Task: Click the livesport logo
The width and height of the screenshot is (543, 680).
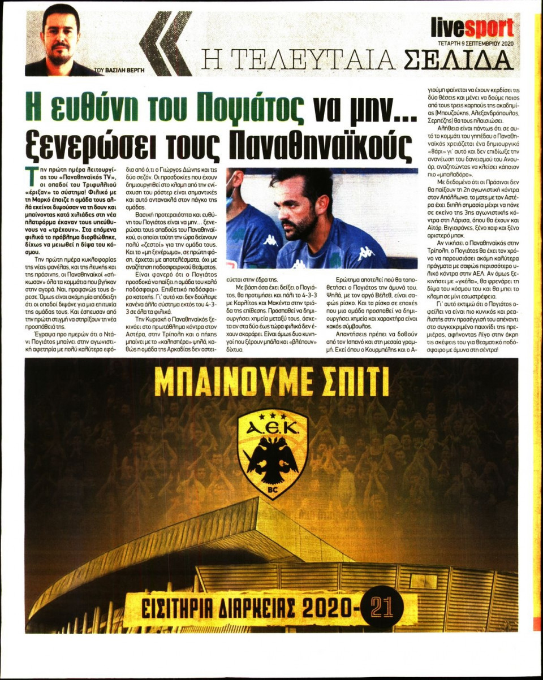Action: click(472, 27)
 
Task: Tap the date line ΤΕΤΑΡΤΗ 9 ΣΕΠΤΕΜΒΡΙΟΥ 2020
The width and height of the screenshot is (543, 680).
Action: click(472, 42)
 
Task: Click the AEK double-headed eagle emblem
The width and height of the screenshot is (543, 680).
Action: click(272, 461)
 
